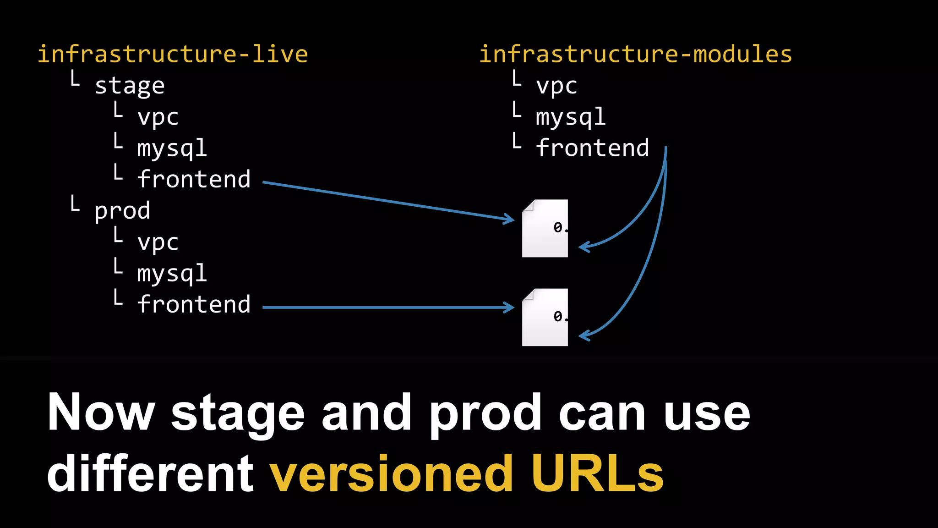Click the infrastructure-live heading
coord(173,54)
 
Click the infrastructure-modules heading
coord(635,54)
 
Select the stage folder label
coord(130,86)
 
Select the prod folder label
coord(122,211)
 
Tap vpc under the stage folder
coord(158,117)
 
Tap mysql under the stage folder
coord(172,148)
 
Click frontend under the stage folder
coord(194,179)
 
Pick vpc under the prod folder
coord(158,242)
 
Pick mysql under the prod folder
coord(172,274)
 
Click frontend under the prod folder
coord(194,305)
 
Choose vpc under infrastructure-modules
coord(556,86)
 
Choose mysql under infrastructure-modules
coord(571,117)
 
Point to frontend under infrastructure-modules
coord(592,148)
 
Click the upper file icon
coord(545,228)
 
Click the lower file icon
coord(545,317)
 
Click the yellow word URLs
coord(597,473)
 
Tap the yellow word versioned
coord(391,473)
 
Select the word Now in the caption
coord(101,412)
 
